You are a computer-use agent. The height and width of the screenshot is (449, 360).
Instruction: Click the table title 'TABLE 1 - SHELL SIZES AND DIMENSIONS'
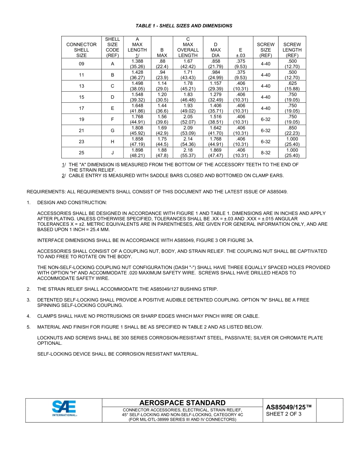click(x=184, y=26)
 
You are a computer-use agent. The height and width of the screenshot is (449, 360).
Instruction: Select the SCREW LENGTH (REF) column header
click(x=292, y=47)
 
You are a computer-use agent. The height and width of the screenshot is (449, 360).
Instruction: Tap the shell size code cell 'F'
click(x=112, y=119)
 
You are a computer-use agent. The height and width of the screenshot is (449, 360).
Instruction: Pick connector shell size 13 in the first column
click(x=81, y=86)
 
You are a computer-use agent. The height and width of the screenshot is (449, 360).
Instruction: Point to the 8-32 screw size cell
click(x=265, y=153)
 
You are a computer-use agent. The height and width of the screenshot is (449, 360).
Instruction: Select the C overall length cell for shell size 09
click(x=188, y=64)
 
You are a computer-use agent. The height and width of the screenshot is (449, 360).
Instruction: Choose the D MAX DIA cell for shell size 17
click(x=215, y=108)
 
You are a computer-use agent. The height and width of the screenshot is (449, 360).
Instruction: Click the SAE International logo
click(x=64, y=409)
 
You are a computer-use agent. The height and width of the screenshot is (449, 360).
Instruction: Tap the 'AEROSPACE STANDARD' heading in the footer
click(x=183, y=403)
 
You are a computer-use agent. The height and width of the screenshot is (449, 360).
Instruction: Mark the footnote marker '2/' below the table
click(x=64, y=175)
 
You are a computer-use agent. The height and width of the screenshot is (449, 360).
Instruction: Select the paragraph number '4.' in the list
click(x=29, y=316)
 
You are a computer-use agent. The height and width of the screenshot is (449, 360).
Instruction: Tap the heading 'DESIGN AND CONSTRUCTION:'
click(x=72, y=203)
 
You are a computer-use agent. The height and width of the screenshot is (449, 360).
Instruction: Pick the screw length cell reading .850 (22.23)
click(x=292, y=131)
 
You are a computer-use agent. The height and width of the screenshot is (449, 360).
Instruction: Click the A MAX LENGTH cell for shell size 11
click(x=137, y=75)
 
